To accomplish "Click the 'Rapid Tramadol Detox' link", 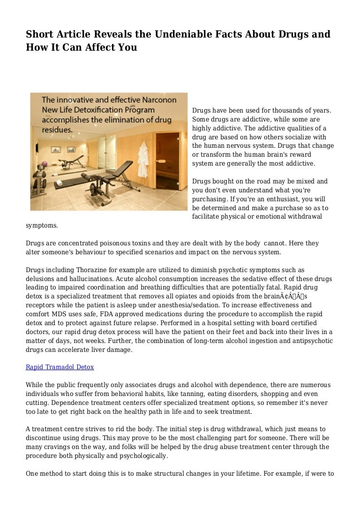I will point(60,367).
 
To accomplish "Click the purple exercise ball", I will point(45,164).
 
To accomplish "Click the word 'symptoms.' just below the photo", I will point(42,225).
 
